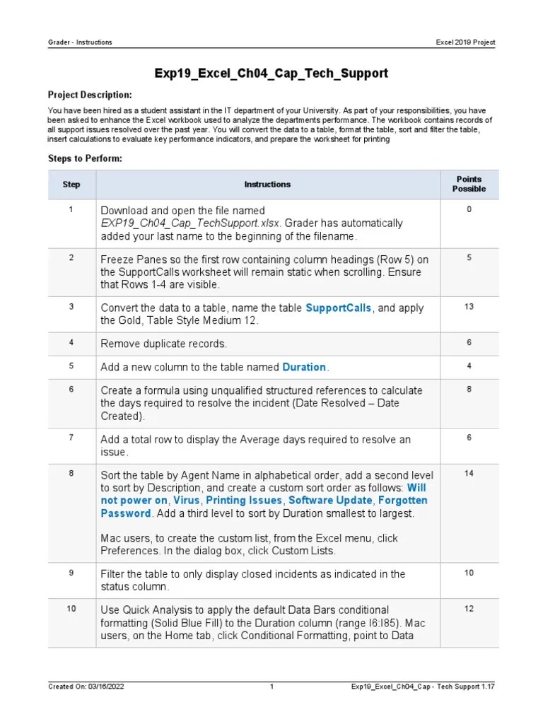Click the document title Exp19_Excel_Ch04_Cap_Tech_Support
click(271, 74)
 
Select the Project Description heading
click(89, 95)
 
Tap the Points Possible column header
click(469, 184)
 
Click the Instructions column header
click(267, 185)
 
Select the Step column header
click(71, 185)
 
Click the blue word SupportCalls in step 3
click(338, 308)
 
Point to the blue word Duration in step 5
click(304, 367)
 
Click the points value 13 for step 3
click(469, 307)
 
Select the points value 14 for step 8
click(469, 473)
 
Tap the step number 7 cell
click(71, 438)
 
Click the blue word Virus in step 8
click(187, 501)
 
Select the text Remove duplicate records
click(163, 344)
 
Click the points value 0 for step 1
click(469, 210)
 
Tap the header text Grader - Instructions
click(80, 42)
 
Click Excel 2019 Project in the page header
click(465, 42)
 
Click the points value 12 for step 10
click(469, 609)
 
